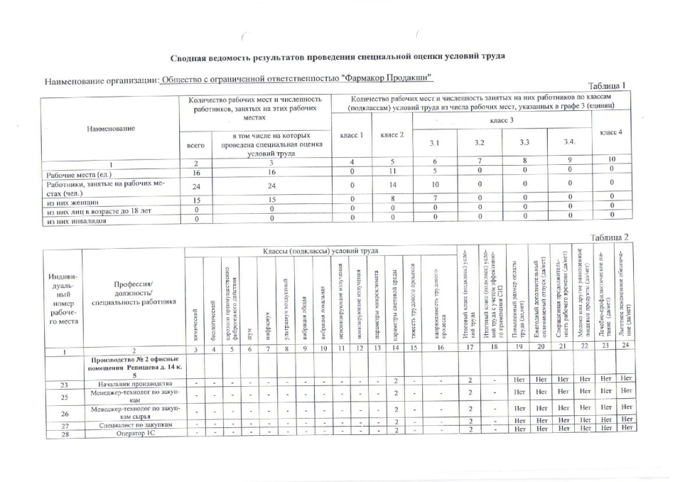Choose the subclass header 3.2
[x=480, y=143]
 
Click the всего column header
[x=195, y=144]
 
